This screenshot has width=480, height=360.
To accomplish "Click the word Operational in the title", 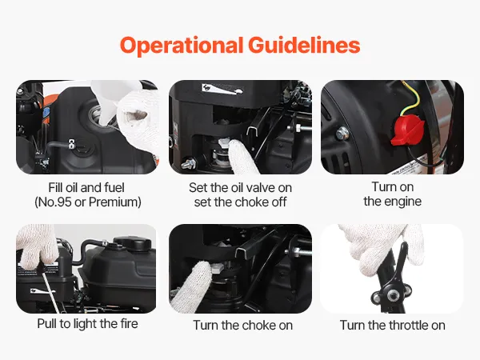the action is coord(182,46).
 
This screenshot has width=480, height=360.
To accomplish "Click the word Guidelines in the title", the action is coord(304,45).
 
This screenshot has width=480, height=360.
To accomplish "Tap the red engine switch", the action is coord(407,130).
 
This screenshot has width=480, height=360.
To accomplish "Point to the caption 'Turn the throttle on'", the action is coord(393,325).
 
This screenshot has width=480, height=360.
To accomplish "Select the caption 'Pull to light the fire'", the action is coord(87,324).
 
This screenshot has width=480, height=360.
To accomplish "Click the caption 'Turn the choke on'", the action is coord(242,325).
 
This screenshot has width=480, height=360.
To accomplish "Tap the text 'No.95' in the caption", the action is coord(54,202).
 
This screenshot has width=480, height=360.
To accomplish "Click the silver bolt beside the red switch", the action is coord(342,134).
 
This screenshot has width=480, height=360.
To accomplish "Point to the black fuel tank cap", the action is coord(133,243).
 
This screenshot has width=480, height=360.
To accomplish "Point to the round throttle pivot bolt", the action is coord(391,295).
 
